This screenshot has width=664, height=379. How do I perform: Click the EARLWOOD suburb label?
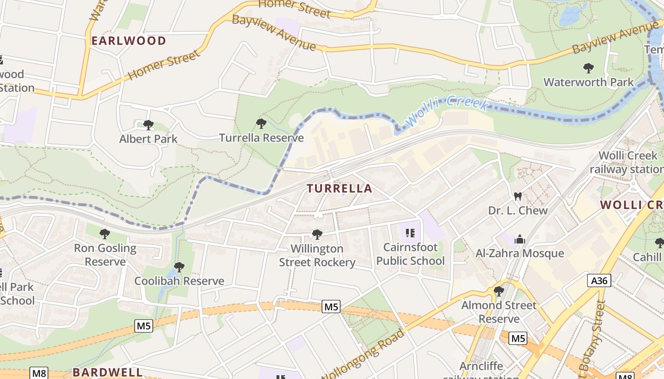[x=129, y=41]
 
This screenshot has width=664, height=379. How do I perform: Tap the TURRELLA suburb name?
[x=339, y=189]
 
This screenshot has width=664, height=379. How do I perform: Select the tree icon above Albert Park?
[x=148, y=125]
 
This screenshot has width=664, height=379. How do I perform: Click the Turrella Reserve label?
[x=261, y=138]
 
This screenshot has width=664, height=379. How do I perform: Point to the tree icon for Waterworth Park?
[x=589, y=68]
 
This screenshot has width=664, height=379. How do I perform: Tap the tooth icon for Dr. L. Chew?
[x=518, y=196]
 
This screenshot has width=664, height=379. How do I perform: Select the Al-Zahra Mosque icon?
[x=520, y=239]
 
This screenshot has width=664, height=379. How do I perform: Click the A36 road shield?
[x=599, y=280]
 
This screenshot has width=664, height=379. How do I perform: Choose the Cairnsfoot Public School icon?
[x=411, y=233]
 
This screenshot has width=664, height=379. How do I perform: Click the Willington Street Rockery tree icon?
[x=317, y=234]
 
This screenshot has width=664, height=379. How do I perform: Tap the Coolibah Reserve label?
[x=179, y=281]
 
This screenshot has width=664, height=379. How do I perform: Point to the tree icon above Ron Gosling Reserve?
[x=105, y=234]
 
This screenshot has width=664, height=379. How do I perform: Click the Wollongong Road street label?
[x=364, y=353]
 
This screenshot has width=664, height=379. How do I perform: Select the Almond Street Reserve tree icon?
[x=499, y=291]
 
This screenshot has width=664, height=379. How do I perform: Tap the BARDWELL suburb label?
[x=107, y=372]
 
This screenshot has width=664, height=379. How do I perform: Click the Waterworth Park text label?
[x=589, y=82]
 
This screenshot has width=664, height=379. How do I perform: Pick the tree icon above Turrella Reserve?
[x=261, y=124]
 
